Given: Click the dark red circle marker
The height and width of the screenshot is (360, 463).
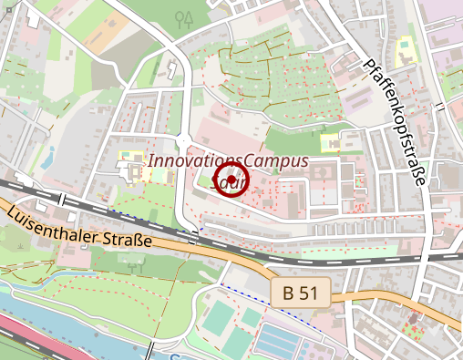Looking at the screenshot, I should click(231, 178).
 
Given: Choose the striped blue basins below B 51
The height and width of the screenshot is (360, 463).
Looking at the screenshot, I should click(283, 342).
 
